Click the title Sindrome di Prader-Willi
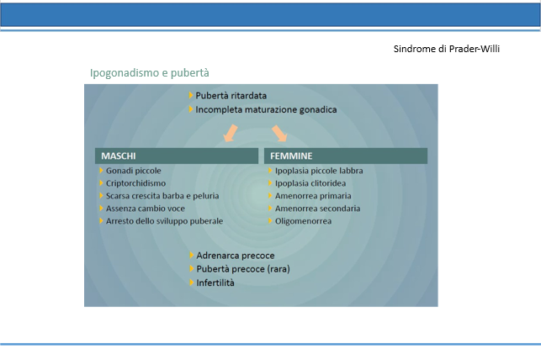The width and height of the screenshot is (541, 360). pyautogui.click(x=447, y=49)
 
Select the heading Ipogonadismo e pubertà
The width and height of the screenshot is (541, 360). pyautogui.click(x=150, y=73)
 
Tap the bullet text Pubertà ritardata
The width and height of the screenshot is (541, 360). pyautogui.click(x=231, y=96)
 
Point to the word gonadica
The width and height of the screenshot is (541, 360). pyautogui.click(x=318, y=110)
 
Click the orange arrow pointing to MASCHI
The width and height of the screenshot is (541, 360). pyautogui.click(x=231, y=133)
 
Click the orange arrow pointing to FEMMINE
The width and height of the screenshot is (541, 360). pyautogui.click(x=279, y=133)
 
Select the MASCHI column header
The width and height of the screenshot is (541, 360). pyautogui.click(x=177, y=156)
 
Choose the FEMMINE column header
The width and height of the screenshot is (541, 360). pyautogui.click(x=346, y=156)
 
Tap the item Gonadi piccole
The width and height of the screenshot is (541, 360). pyautogui.click(x=134, y=171)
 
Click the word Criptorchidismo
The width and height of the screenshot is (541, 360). pyautogui.click(x=135, y=183)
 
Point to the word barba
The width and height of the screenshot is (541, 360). pyautogui.click(x=173, y=196)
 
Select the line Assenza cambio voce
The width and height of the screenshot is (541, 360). pyautogui.click(x=146, y=209)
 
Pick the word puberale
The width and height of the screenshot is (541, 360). pyautogui.click(x=207, y=221)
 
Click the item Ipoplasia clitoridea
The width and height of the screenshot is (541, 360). pyautogui.click(x=310, y=183)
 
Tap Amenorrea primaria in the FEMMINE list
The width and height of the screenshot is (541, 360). pyautogui.click(x=313, y=196)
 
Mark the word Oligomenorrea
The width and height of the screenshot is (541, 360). pyautogui.click(x=303, y=221)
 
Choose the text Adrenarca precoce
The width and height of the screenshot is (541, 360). pyautogui.click(x=236, y=256)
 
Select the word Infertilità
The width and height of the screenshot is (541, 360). pyautogui.click(x=215, y=283)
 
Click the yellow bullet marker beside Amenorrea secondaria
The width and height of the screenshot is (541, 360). pyautogui.click(x=271, y=209)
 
